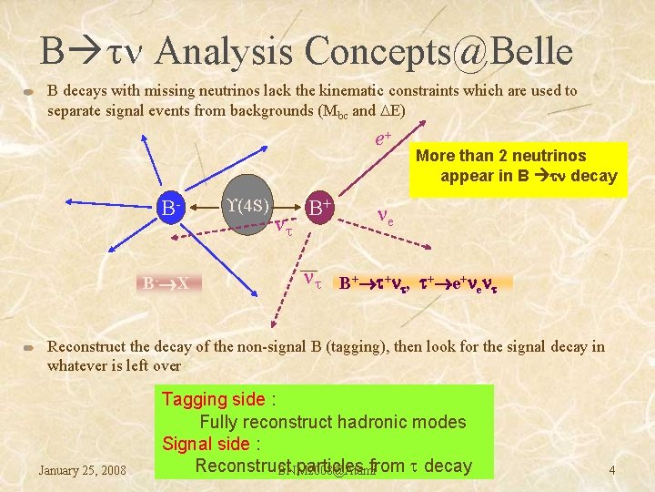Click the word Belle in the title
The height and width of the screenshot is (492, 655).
(x=525, y=52)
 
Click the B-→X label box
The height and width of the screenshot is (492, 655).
(x=171, y=282)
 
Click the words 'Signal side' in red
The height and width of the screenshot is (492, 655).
(x=206, y=444)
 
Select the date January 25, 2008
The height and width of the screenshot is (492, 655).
(x=83, y=470)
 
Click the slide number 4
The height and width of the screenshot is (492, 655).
(x=612, y=470)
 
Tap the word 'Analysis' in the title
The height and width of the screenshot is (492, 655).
(x=223, y=52)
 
